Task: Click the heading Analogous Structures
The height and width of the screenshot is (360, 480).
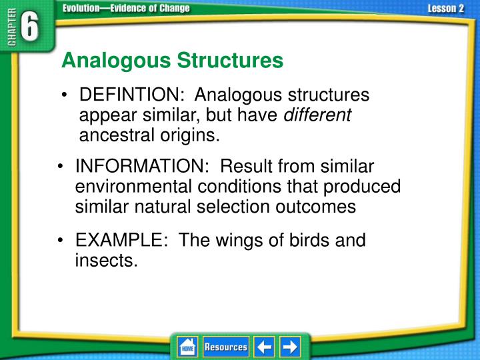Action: pos(172,61)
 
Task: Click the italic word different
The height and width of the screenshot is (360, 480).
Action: pos(317,115)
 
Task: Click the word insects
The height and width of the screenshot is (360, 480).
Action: pos(106,261)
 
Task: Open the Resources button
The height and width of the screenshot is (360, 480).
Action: pos(225,347)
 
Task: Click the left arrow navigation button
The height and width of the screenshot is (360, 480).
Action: pos(265,347)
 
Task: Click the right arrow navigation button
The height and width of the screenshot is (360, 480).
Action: pos(290,347)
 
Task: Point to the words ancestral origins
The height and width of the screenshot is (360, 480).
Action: pos(149,135)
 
